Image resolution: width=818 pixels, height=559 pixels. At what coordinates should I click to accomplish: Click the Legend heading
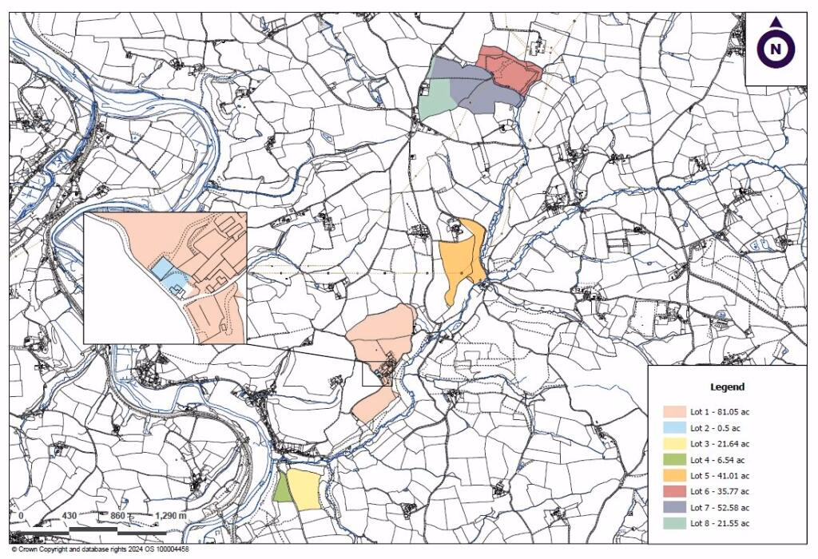pos(727,387)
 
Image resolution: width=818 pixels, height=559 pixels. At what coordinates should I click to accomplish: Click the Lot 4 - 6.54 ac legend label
pos(717,459)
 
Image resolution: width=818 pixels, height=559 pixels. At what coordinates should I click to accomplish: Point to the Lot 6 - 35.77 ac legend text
pos(720,491)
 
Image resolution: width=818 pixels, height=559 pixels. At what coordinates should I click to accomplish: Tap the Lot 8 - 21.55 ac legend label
pos(720,523)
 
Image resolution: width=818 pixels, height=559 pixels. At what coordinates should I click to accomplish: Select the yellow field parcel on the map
pos(304,488)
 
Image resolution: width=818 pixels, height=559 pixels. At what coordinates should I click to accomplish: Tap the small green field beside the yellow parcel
pos(281,488)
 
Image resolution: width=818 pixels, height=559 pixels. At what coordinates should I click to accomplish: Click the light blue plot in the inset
pos(161,268)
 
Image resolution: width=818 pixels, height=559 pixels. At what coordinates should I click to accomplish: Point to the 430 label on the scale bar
pos(69,516)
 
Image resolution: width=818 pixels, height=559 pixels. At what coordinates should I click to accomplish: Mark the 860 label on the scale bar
pos(117,516)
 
